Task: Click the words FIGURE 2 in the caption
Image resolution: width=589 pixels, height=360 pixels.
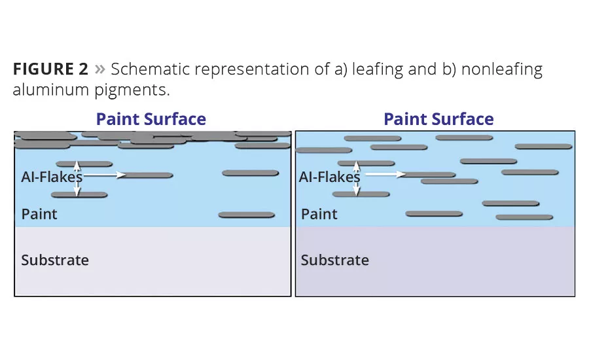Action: click(50, 69)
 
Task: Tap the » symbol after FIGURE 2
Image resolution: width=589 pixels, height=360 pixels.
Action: click(100, 69)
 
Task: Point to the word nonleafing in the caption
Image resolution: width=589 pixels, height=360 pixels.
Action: click(502, 70)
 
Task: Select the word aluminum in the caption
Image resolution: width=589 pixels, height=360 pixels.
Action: click(50, 90)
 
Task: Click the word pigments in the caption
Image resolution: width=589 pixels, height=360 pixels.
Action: click(132, 90)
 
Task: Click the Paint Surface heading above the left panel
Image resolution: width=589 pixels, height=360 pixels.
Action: click(151, 119)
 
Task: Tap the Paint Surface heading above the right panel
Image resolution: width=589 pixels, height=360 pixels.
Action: click(438, 119)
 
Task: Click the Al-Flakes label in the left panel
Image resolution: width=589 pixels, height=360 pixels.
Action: click(52, 177)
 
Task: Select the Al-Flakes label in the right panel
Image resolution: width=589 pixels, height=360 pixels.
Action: click(329, 177)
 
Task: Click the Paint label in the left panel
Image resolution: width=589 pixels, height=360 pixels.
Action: click(39, 214)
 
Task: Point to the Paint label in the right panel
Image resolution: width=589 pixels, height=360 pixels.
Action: click(319, 214)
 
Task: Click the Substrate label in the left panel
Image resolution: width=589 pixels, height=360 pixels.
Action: click(55, 260)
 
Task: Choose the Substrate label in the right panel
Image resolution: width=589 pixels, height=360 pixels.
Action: click(334, 260)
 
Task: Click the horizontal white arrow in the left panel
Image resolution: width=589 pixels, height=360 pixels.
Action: click(105, 175)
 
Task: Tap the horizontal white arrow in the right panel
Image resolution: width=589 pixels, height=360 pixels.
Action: click(385, 174)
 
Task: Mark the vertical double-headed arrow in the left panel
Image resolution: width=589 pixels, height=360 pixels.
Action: click(77, 179)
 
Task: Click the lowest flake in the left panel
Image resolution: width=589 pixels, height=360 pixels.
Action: click(247, 215)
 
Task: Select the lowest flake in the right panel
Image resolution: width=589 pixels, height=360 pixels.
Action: click(524, 217)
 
